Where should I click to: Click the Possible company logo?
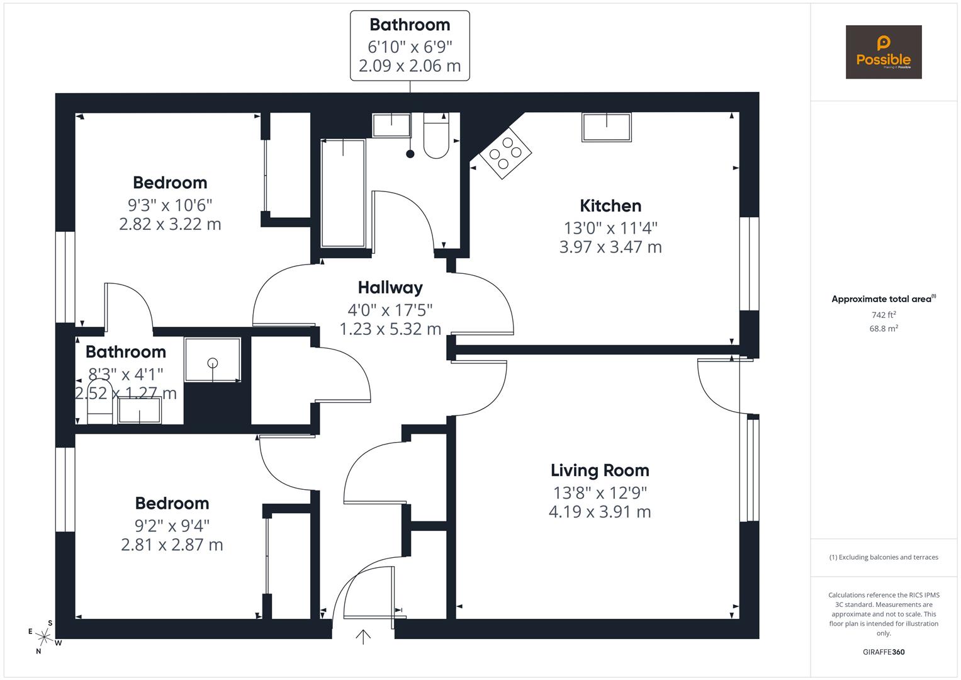883,52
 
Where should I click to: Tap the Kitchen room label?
610,206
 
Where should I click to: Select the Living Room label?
599,470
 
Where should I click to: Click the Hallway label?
390,288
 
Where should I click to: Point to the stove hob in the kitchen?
505,153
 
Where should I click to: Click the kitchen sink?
606,127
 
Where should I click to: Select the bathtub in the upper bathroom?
343,193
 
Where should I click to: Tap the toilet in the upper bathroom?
436,137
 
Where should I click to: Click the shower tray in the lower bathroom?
213,360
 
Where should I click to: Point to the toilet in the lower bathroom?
99,402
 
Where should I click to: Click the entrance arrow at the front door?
363,637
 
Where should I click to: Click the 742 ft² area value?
884,315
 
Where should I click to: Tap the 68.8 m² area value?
884,328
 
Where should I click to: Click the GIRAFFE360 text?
883,652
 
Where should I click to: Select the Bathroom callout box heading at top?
410,25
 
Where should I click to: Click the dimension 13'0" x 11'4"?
610,228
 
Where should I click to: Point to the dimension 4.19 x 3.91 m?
599,512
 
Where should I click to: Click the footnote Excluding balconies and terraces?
884,557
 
